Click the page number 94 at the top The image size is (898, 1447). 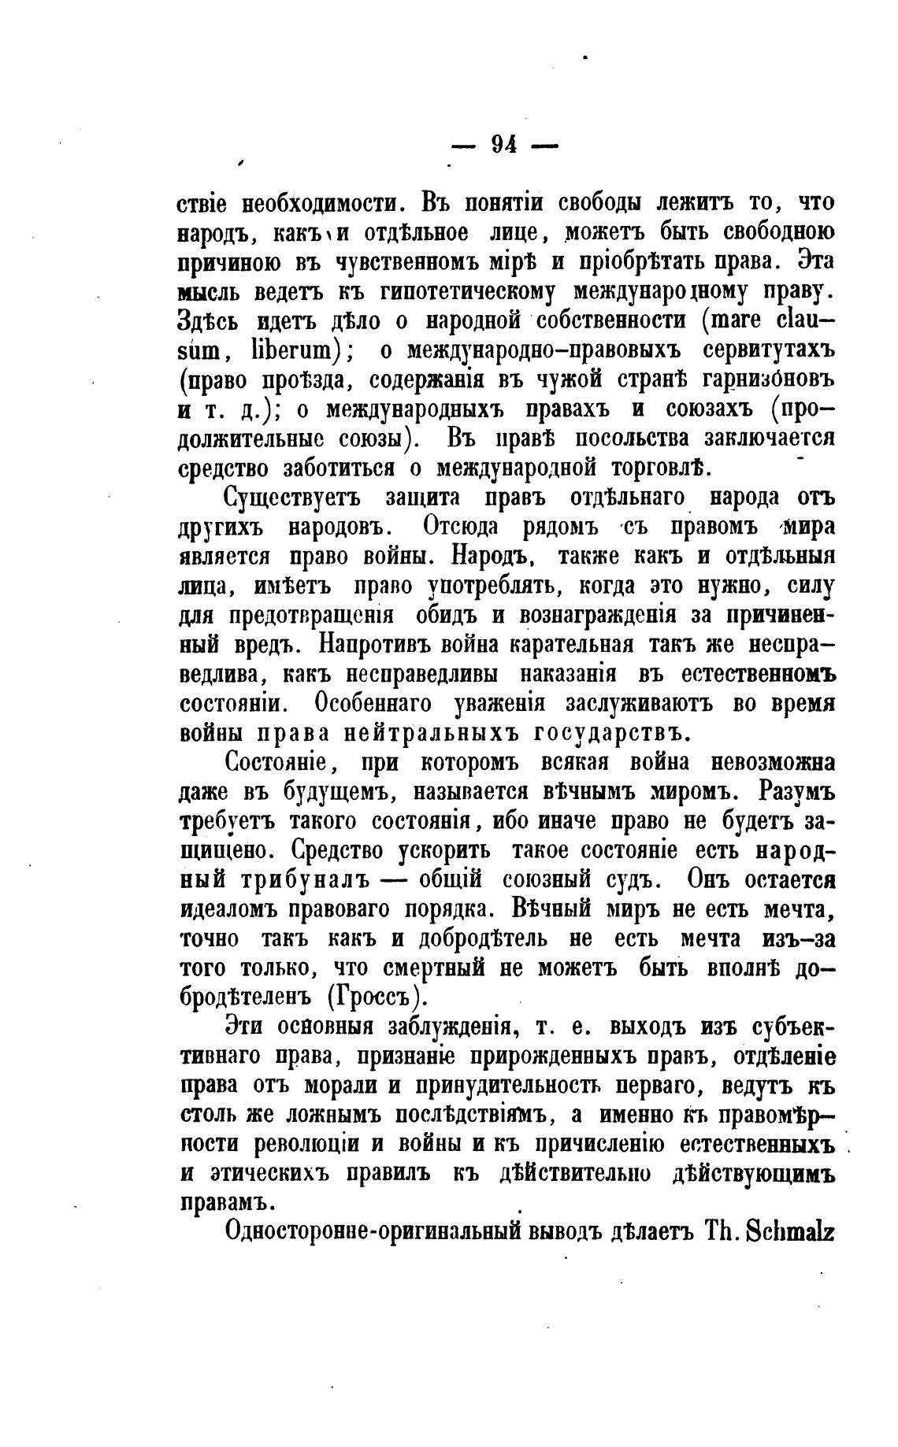(x=503, y=145)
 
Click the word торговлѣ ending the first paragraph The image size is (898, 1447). (x=661, y=468)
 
